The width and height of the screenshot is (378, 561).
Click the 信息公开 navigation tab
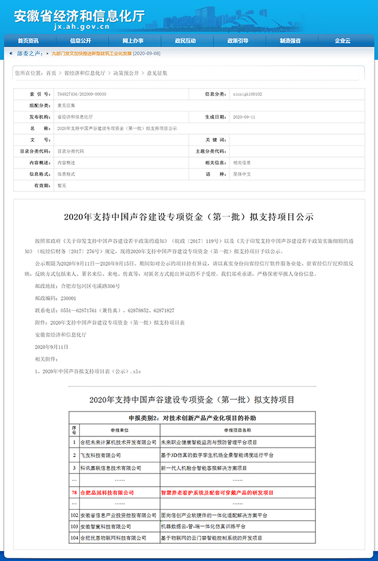pos(80,41)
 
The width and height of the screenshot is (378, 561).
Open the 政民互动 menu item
pos(185,41)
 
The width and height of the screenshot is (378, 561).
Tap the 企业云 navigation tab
pos(343,41)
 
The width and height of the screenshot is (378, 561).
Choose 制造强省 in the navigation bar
pos(290,41)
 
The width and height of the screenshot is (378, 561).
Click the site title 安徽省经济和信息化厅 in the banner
pos(79,16)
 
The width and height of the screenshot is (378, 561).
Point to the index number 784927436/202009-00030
pos(82,94)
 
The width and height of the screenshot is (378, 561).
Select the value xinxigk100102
pos(248,94)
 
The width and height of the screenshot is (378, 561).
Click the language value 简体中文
pos(243,174)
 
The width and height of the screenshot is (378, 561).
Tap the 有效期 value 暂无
pos(62,185)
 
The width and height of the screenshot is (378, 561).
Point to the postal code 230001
pos(66,298)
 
